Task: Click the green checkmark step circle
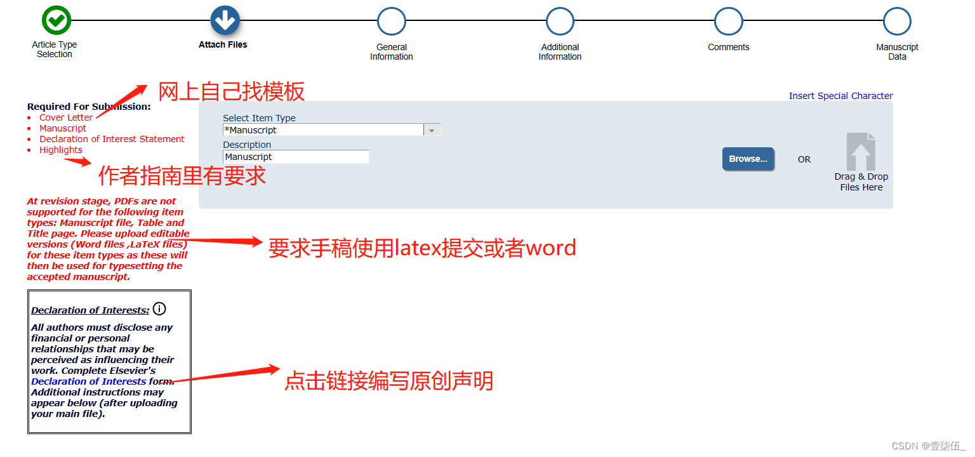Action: pos(56,21)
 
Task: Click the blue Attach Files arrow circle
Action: pos(224,21)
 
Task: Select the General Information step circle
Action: pos(392,21)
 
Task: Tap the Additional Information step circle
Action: pos(560,21)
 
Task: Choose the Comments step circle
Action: pos(729,21)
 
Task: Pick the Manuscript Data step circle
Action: pos(897,21)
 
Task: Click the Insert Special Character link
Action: pos(840,96)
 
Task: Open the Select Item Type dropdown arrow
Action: pos(432,130)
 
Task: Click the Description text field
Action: pos(296,157)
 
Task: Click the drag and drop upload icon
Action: pos(861,152)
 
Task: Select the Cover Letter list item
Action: pos(66,117)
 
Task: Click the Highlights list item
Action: pos(61,150)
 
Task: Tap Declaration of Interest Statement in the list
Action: pos(112,139)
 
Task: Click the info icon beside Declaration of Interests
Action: pos(159,309)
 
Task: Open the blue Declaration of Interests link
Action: pos(89,381)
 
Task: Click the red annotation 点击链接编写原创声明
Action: pos(388,381)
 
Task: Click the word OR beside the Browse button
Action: pos(804,159)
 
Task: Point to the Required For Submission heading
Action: pos(89,107)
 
